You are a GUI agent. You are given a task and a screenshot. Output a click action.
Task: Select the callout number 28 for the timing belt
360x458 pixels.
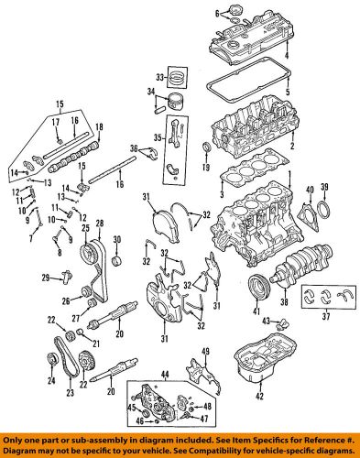click(99, 223)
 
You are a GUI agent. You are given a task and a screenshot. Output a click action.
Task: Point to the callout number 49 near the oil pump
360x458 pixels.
click(205, 353)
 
